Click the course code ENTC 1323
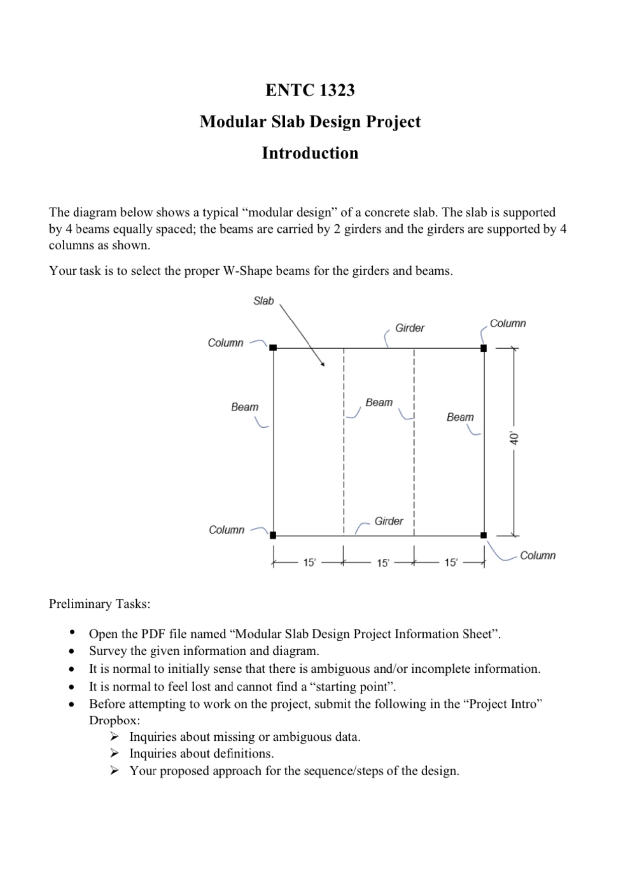point(309,90)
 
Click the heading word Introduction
point(309,153)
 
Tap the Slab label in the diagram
point(263,301)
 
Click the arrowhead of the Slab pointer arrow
point(323,364)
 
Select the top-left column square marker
point(273,348)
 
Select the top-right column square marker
point(484,348)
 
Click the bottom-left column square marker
point(273,535)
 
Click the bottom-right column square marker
point(484,535)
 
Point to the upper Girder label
point(409,328)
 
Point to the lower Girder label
point(388,521)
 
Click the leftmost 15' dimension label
point(309,562)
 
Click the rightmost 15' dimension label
point(450,562)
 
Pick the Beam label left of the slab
point(244,407)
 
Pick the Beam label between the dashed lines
point(379,402)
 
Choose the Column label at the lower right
point(538,555)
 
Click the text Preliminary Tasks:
point(99,604)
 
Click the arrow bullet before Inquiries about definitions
point(115,753)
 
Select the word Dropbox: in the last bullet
point(114,720)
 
